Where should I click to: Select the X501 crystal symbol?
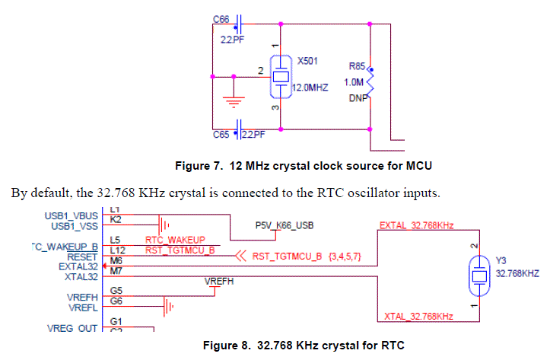point(281,75)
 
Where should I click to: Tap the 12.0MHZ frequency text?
point(310,88)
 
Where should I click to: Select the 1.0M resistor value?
point(354,81)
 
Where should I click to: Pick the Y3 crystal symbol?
point(479,272)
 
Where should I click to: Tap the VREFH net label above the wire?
point(219,282)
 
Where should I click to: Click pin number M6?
point(116,260)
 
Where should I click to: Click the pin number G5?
point(116,290)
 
